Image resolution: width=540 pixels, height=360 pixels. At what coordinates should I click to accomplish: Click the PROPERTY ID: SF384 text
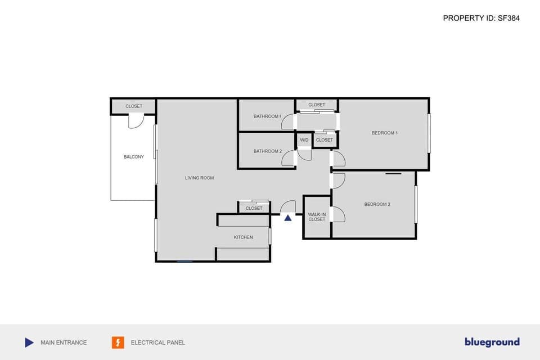pyautogui.click(x=481, y=18)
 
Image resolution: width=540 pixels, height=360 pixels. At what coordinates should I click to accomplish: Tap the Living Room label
pyautogui.click(x=199, y=178)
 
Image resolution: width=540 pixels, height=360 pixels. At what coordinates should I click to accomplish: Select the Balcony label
pyautogui.click(x=134, y=157)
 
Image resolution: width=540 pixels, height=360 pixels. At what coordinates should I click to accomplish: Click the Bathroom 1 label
pyautogui.click(x=267, y=116)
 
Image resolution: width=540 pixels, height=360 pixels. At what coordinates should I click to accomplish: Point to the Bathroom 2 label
pyautogui.click(x=267, y=151)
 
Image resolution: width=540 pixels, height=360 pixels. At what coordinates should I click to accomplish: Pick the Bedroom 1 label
pyautogui.click(x=385, y=133)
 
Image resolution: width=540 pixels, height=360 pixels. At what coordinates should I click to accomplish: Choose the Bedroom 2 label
pyautogui.click(x=377, y=204)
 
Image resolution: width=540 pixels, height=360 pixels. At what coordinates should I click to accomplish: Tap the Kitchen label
pyautogui.click(x=244, y=237)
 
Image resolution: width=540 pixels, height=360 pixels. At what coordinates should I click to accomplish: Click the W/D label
pyautogui.click(x=304, y=140)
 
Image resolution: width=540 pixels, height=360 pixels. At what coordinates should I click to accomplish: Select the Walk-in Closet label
pyautogui.click(x=317, y=217)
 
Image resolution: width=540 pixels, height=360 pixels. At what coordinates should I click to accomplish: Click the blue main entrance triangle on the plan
pyautogui.click(x=288, y=218)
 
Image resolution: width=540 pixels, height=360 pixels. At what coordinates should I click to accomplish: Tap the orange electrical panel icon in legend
pyautogui.click(x=118, y=342)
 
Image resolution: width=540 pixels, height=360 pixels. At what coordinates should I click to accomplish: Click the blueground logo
pyautogui.click(x=492, y=342)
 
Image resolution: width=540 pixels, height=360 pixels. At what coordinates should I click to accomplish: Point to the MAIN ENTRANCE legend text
pyautogui.click(x=64, y=343)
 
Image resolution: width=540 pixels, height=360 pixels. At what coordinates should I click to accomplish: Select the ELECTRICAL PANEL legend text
pyautogui.click(x=157, y=343)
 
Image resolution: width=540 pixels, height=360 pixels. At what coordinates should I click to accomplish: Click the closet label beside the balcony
pyautogui.click(x=134, y=106)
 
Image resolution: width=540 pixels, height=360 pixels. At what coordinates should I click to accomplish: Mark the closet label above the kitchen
pyautogui.click(x=254, y=208)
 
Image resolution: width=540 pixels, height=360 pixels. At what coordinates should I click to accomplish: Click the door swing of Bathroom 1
pyautogui.click(x=288, y=122)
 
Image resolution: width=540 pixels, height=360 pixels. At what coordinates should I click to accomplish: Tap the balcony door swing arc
pyautogui.click(x=136, y=121)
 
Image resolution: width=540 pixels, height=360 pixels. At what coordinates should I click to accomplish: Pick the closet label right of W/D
pyautogui.click(x=325, y=140)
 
